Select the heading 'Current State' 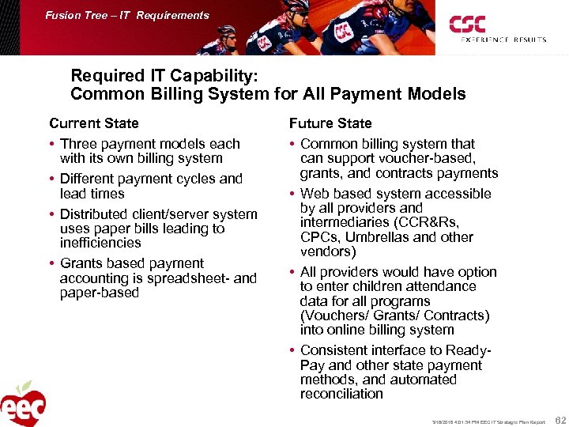coord(93,123)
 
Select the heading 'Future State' coord(330,123)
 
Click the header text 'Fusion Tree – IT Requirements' coord(127,15)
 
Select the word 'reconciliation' coord(341,394)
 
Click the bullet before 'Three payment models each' coord(52,144)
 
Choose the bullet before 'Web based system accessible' coord(292,195)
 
